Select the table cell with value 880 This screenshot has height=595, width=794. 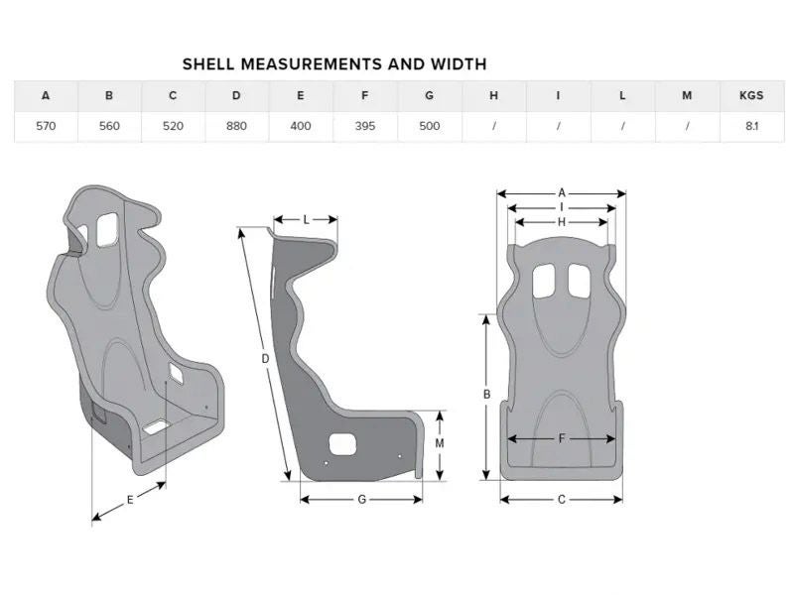point(236,126)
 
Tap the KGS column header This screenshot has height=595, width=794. point(751,95)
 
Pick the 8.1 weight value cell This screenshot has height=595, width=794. point(751,126)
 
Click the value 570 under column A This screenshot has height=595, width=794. point(46,126)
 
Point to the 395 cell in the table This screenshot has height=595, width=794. point(365,126)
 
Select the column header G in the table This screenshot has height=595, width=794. point(430,95)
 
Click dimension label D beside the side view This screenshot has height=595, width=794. point(265,359)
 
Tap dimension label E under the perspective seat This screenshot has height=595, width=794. point(130,500)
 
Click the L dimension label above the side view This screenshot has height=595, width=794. point(307,220)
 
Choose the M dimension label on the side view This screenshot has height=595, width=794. point(440,443)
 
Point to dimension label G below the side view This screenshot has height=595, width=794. point(362,500)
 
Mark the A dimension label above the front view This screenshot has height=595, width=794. point(562,192)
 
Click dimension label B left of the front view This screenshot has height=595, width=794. point(486,394)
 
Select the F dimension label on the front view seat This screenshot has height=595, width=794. point(562,438)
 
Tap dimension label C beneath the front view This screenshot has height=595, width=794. point(562,500)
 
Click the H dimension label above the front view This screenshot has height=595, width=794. point(562,221)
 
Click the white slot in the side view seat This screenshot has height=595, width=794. point(342,444)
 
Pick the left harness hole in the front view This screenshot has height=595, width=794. point(543,281)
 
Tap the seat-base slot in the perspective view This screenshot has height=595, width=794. point(156,427)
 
